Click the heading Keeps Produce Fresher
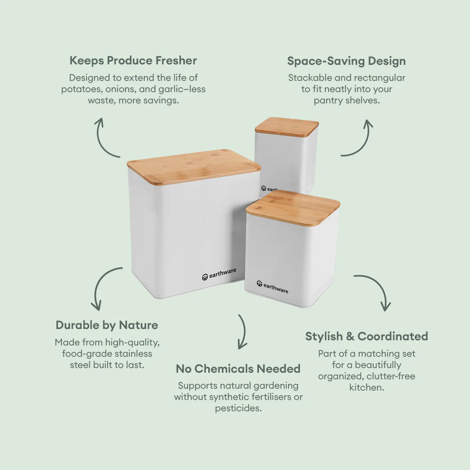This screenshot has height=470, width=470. click(133, 61)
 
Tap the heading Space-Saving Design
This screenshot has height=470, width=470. click(346, 61)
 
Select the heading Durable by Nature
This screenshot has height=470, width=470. click(107, 325)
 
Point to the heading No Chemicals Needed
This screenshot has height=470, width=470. click(238, 369)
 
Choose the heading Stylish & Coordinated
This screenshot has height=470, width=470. click(367, 337)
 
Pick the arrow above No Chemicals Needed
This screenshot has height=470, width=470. click(242, 331)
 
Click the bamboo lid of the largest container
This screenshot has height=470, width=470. click(194, 166)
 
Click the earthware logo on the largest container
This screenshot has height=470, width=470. click(219, 274)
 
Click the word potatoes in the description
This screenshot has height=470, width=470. click(78, 89)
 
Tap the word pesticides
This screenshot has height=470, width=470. click(238, 408)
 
